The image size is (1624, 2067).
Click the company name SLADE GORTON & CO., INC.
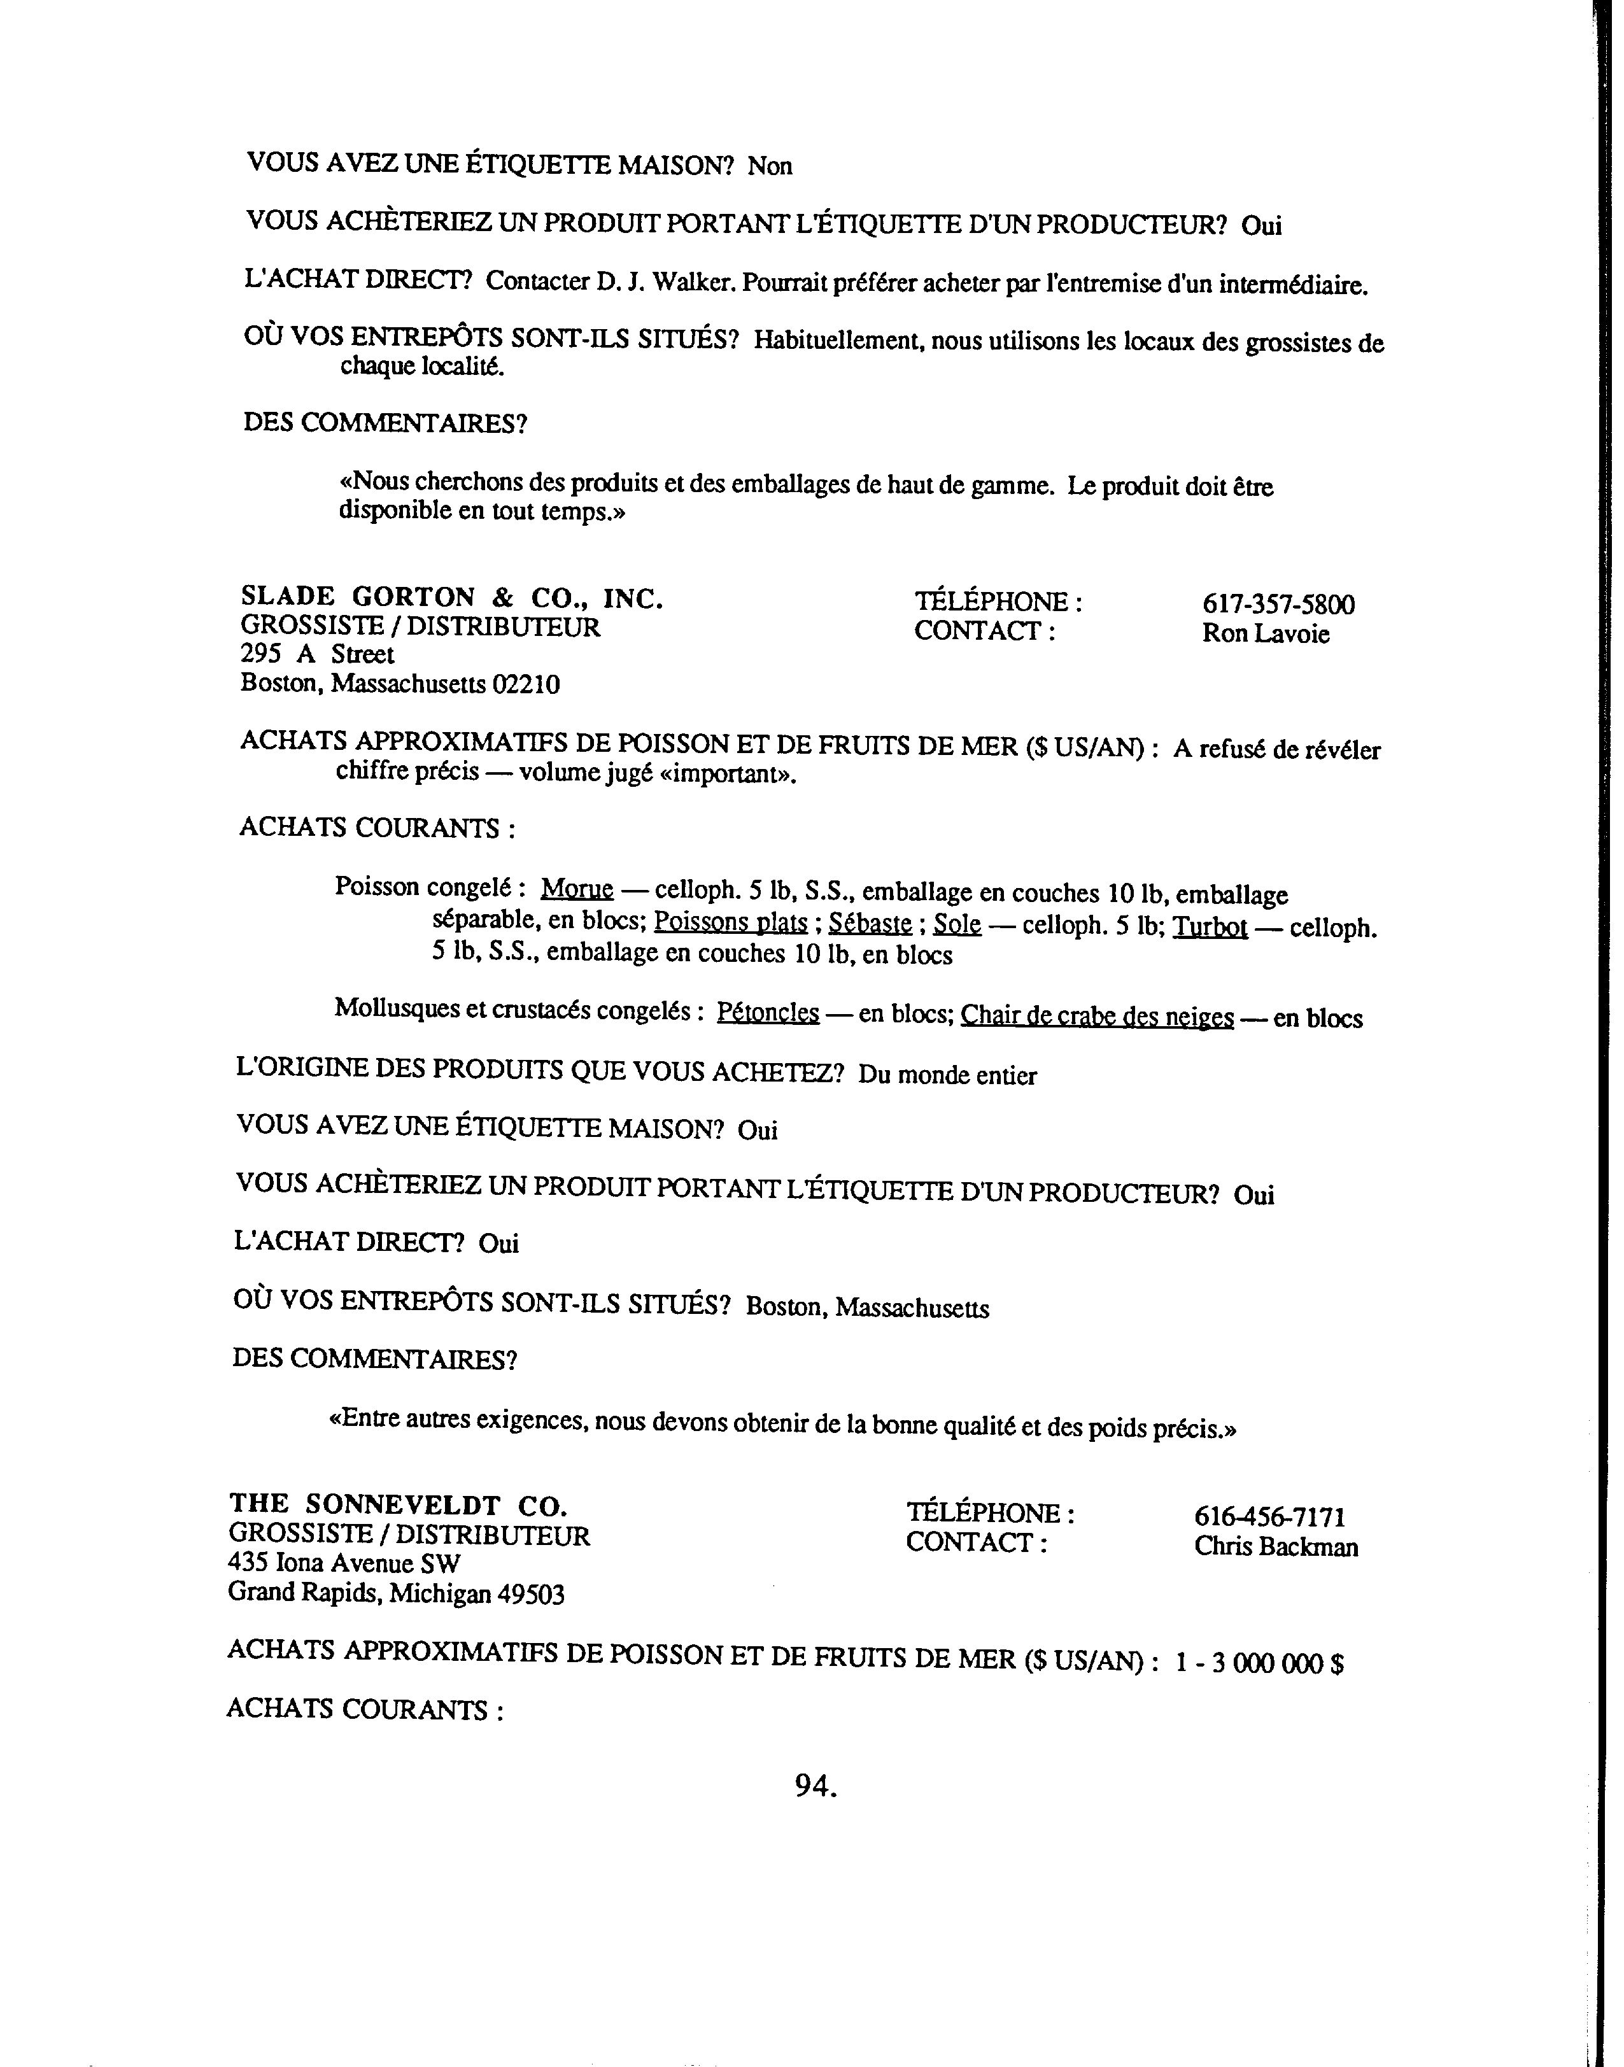coord(451,597)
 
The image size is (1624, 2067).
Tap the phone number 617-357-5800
coord(1278,605)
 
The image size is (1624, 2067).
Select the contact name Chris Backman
coord(1276,1547)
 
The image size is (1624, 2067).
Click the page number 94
coord(815,1788)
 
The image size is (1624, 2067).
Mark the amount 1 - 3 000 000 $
coord(1259,1663)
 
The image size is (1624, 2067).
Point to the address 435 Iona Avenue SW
coord(344,1563)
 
